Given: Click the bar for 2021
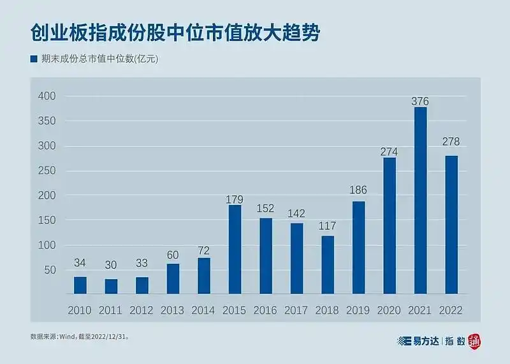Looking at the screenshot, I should click(x=420, y=201).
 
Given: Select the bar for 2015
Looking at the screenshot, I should click(x=235, y=250).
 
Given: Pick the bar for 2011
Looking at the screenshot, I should click(x=111, y=287).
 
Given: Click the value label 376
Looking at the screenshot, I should click(x=420, y=101).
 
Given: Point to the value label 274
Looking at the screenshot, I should click(x=389, y=151).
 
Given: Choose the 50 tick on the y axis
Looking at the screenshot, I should click(x=50, y=271).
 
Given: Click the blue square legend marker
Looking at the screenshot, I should click(x=34, y=59).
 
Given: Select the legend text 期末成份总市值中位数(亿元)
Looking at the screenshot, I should click(x=99, y=59).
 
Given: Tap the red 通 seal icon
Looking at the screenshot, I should click(x=474, y=342).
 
